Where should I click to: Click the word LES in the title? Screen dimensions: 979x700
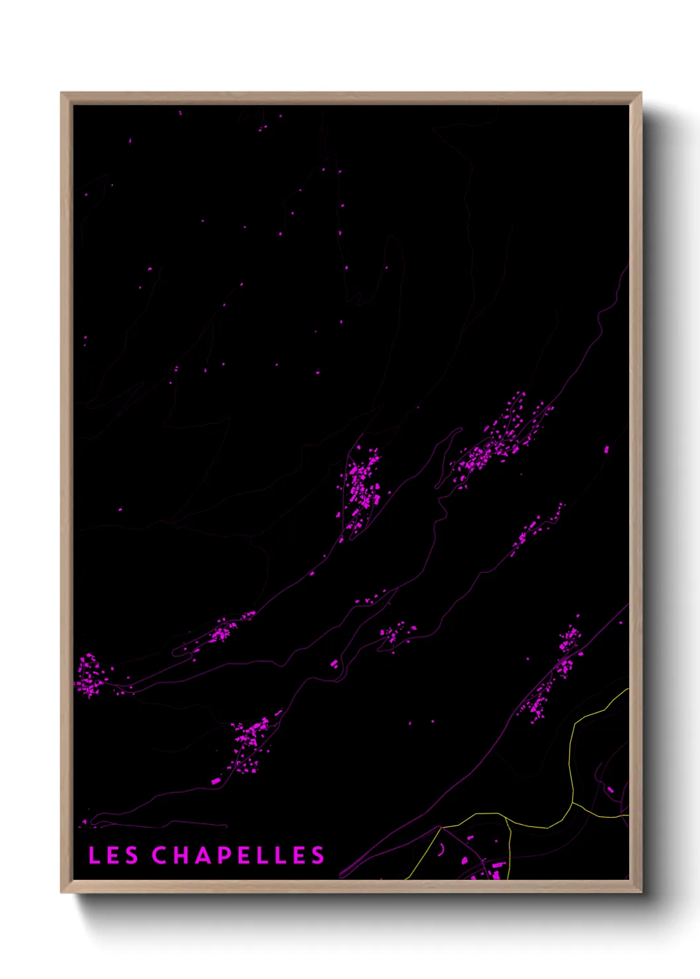click(x=113, y=855)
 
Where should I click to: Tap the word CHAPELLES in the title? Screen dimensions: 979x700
click(x=238, y=855)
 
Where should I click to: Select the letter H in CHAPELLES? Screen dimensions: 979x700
click(x=181, y=855)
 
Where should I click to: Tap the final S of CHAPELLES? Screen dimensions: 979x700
click(x=318, y=855)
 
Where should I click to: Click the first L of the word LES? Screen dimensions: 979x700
click(x=94, y=855)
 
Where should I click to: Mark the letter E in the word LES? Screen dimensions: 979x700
click(x=113, y=855)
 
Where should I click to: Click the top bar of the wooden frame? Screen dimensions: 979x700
click(x=351, y=99)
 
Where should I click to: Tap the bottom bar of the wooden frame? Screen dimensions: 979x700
click(x=351, y=886)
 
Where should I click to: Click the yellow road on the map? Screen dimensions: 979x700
click(x=572, y=761)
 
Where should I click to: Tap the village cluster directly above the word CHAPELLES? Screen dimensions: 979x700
click(x=250, y=744)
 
